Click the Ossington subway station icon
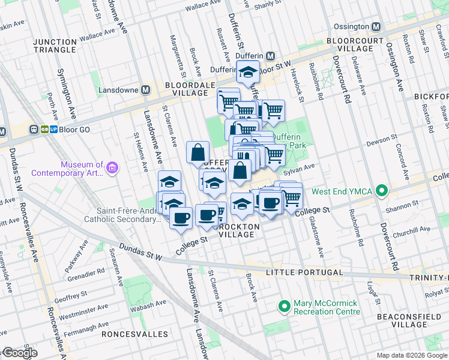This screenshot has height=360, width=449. tap(376, 27)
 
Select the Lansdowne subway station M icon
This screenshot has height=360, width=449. tap(145, 90)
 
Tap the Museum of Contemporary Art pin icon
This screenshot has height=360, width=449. tap(111, 169)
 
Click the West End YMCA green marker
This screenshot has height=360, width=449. tap(380, 191)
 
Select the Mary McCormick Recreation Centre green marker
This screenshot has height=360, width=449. tap(285, 307)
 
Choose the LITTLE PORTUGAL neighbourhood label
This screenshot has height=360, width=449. tap(304, 272)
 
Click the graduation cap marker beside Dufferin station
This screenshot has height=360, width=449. tap(247, 73)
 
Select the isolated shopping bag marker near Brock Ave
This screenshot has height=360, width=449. tap(197, 153)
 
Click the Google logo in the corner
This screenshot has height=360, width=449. tap(19, 353)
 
